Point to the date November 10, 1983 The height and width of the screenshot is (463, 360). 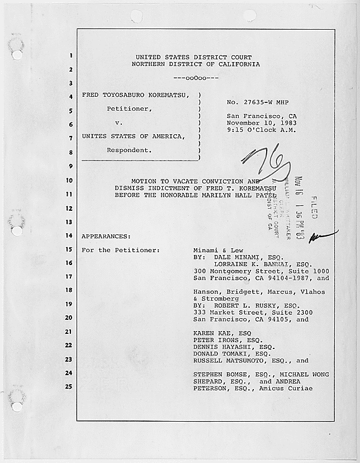coord(261,123)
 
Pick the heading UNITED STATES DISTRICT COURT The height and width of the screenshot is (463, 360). coord(193,57)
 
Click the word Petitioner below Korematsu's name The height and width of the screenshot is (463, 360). coord(129,109)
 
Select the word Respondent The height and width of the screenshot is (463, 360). coord(129,150)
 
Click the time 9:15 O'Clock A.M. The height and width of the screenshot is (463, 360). coord(261,130)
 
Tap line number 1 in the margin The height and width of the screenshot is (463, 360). coord(71,56)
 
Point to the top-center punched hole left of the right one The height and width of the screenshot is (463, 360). coord(136,16)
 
